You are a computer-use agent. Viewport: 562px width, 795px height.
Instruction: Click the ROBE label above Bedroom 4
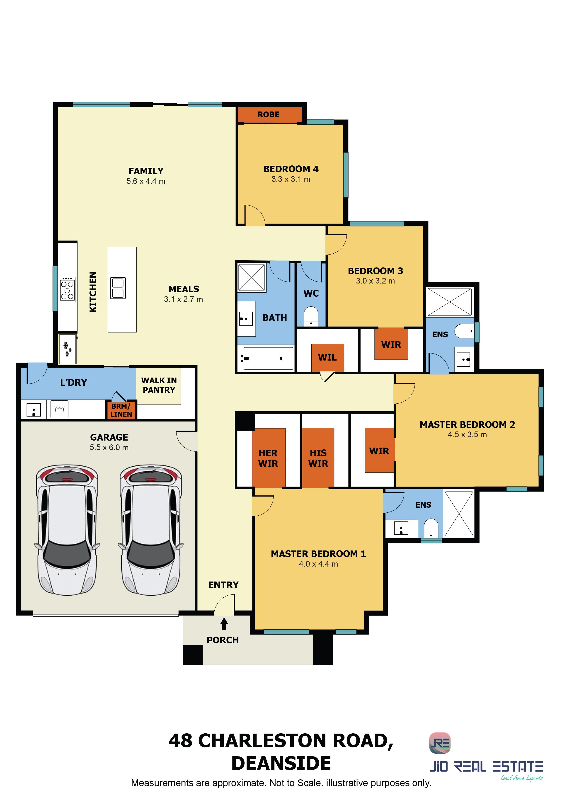(x=268, y=115)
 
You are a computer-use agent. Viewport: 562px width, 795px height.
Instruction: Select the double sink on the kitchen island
(x=118, y=288)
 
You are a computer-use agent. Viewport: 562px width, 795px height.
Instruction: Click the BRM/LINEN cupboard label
(x=121, y=410)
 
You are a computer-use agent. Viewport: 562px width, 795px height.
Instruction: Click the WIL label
(x=327, y=358)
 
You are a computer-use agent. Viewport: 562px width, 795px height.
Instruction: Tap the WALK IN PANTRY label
(x=159, y=385)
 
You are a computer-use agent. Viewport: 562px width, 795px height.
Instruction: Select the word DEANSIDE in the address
(x=281, y=763)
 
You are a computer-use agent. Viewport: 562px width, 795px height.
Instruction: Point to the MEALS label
(x=184, y=289)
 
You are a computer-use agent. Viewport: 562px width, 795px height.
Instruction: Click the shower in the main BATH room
(x=252, y=277)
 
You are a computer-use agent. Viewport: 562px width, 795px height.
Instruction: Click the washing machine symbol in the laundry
(x=60, y=410)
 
